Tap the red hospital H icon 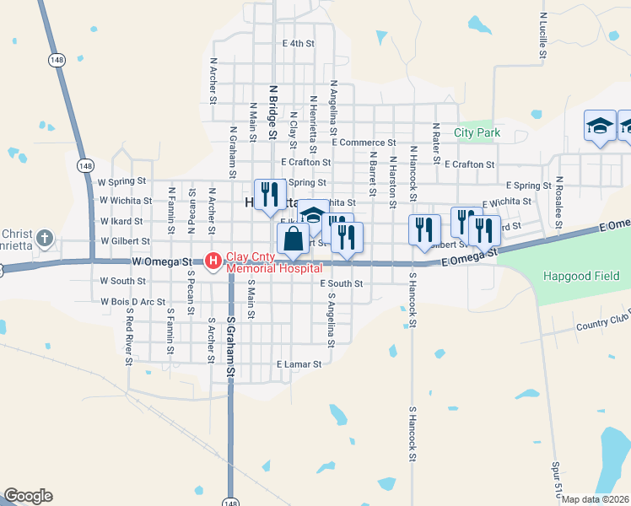[213, 260]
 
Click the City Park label [477, 132]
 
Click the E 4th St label [299, 43]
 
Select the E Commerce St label [364, 143]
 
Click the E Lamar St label [299, 364]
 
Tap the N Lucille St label [543, 35]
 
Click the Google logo [28, 496]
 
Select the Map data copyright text [596, 499]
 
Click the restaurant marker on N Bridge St [268, 194]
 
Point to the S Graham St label [229, 348]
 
